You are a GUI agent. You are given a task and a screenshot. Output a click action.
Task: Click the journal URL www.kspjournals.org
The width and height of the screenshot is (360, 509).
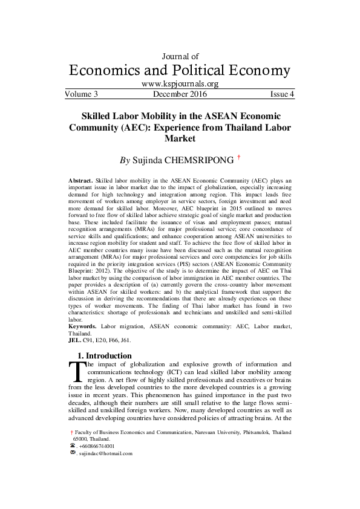(x=180, y=84)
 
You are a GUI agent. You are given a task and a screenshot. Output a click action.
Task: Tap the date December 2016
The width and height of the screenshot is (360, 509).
(x=180, y=94)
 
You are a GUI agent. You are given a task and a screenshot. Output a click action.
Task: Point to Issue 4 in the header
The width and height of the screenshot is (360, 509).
(x=282, y=94)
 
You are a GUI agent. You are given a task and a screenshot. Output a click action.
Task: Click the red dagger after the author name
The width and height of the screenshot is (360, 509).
(x=239, y=158)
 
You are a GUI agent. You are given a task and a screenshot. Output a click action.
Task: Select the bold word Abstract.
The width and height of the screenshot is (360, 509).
(x=81, y=181)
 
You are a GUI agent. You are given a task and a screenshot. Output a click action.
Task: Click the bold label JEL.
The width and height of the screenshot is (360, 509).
(x=75, y=340)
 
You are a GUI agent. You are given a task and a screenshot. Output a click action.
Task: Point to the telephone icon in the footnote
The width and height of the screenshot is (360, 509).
(x=73, y=446)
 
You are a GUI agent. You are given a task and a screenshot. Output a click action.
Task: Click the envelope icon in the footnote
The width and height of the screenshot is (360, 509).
(x=73, y=453)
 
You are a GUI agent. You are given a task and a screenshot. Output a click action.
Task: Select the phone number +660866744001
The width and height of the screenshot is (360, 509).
(x=97, y=446)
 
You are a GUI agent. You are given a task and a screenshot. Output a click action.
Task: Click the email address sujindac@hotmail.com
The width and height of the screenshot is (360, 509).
(x=106, y=453)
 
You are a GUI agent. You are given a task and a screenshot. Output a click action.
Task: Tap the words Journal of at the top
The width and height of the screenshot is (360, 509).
(x=180, y=56)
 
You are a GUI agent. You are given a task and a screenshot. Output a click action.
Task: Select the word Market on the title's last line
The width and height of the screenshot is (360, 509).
(x=180, y=138)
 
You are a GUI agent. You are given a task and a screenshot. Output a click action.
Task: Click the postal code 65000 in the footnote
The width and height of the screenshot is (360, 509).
(x=81, y=439)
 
